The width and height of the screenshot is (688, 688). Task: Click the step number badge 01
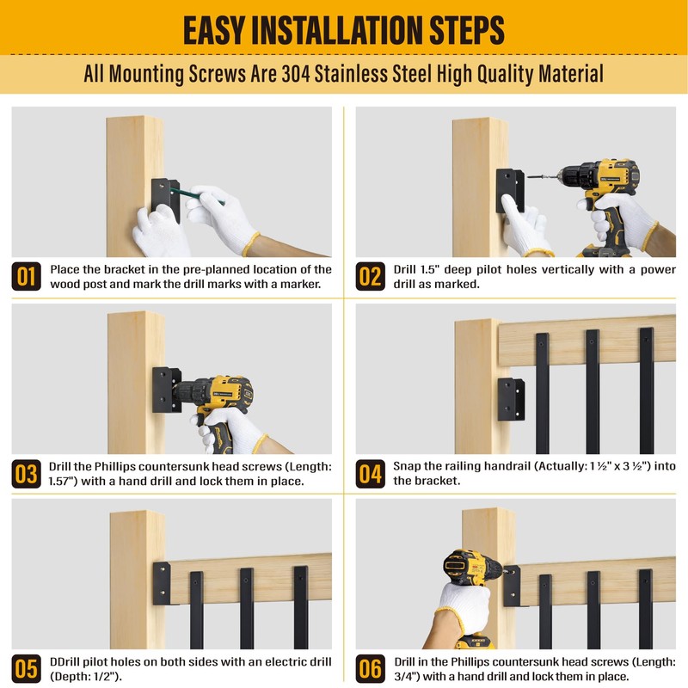[27, 276]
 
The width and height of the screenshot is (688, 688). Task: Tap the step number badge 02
[371, 276]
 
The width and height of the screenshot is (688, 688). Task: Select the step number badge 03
[27, 474]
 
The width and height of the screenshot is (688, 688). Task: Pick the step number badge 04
[371, 474]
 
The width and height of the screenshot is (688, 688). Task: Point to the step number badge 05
[27, 669]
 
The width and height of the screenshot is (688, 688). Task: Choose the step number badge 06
[371, 669]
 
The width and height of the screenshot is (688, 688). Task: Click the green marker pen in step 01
[197, 196]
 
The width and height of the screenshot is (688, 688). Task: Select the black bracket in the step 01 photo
[165, 200]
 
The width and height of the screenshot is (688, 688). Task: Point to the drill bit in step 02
[543, 177]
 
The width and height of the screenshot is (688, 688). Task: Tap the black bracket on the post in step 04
[511, 399]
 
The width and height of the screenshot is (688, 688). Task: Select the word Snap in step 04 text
[406, 466]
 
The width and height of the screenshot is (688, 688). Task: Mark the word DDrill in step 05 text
[65, 661]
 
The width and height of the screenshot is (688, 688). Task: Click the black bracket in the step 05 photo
[162, 583]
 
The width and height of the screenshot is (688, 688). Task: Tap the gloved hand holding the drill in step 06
[463, 604]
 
